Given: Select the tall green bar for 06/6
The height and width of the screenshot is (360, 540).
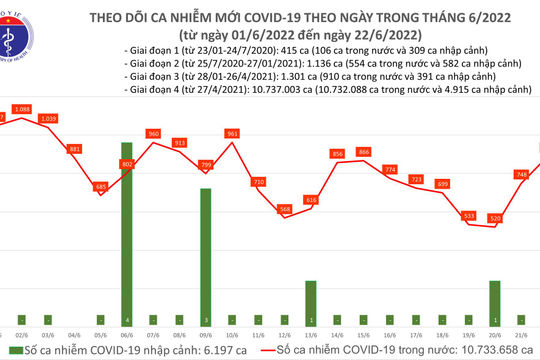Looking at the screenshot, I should pos(126,231).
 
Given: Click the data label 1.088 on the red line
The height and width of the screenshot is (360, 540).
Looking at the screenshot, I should pos(22,108).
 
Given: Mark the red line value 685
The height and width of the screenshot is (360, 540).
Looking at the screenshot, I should pos(100,186).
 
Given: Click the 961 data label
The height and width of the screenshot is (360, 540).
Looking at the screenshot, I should pos(232,134).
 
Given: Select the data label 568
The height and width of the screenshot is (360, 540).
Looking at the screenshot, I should pos(284,209).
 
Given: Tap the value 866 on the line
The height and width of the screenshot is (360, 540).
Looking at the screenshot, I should pos(363,152).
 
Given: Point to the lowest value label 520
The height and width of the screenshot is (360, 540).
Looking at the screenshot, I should pos(495,218).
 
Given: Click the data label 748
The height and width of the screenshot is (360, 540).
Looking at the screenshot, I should pos(521,175).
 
